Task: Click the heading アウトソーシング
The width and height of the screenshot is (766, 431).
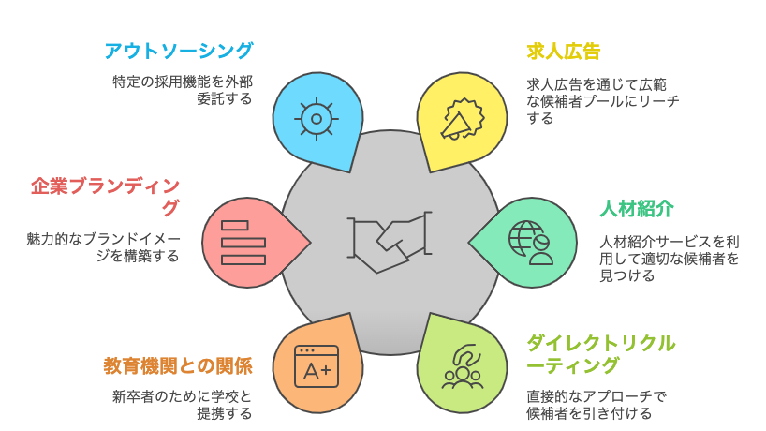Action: pos(179,51)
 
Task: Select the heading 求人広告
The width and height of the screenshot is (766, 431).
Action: pos(564,51)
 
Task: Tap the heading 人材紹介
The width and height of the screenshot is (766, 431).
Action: pos(638,208)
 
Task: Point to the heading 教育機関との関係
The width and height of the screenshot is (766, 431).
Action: pos(178,364)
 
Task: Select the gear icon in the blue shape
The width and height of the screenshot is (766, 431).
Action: pos(316,118)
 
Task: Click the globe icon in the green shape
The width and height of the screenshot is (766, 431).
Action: pos(528,238)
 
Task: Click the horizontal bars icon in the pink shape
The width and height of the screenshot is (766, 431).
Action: pos(235,240)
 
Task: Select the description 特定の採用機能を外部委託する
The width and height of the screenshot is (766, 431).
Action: pos(182,89)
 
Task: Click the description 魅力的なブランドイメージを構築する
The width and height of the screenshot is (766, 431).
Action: pos(103,246)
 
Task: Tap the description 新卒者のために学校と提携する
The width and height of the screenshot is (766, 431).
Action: pos(182,403)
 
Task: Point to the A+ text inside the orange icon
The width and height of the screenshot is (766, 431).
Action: pos(317,370)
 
